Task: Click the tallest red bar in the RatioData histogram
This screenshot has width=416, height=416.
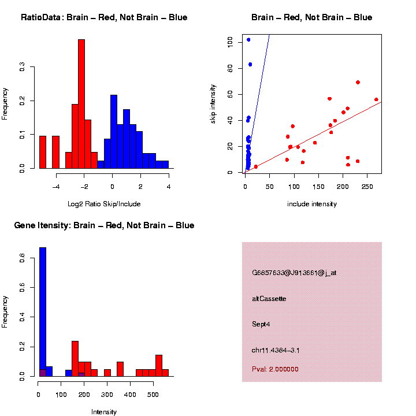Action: pyautogui.click(x=81, y=104)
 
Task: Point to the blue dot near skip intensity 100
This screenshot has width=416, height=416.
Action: pyautogui.click(x=248, y=39)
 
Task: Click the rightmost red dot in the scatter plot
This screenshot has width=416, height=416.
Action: pyautogui.click(x=376, y=99)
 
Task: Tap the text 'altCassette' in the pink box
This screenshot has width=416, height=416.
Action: pyautogui.click(x=269, y=299)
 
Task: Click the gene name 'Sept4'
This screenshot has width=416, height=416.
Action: pyautogui.click(x=261, y=324)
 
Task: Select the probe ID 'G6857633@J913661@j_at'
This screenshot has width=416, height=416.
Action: pyautogui.click(x=294, y=273)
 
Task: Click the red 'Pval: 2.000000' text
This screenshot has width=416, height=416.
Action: pyautogui.click(x=276, y=369)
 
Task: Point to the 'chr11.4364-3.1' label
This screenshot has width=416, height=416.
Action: pyautogui.click(x=276, y=350)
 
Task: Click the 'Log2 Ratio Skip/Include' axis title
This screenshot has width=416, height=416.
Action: pyautogui.click(x=104, y=204)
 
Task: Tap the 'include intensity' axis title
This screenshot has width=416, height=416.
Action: pyautogui.click(x=312, y=204)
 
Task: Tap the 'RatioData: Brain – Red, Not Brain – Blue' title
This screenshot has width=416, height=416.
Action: pyautogui.click(x=104, y=17)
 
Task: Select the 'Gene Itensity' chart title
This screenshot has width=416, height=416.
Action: pyautogui.click(x=104, y=225)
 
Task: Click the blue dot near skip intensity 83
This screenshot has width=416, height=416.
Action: pyautogui.click(x=250, y=64)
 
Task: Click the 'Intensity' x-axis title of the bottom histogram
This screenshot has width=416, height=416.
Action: pyautogui.click(x=104, y=412)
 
